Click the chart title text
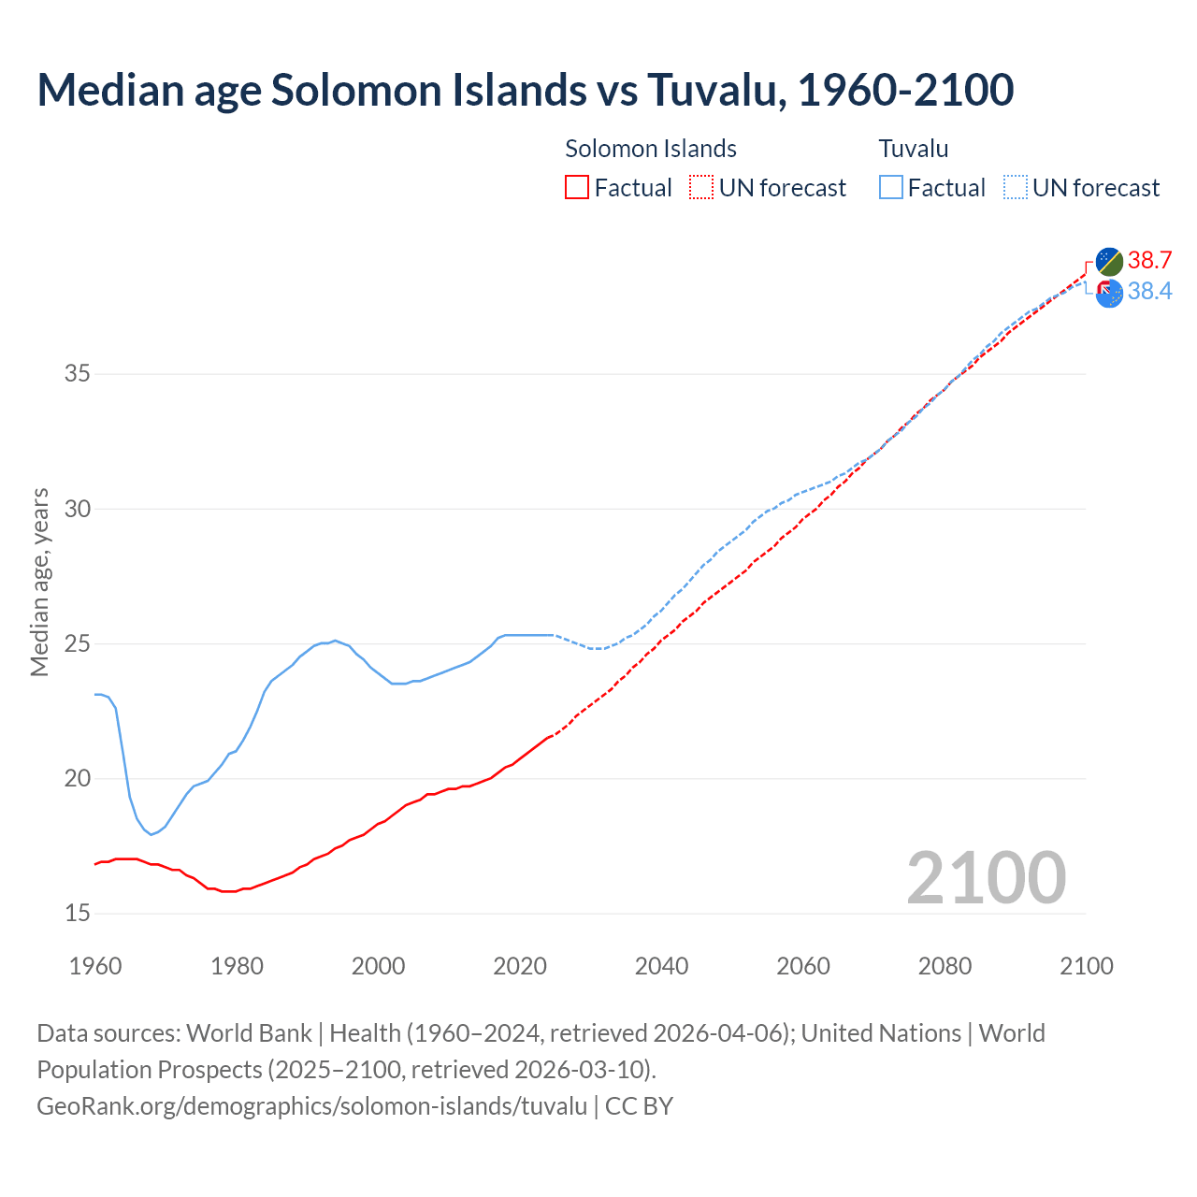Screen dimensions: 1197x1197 [x=525, y=90]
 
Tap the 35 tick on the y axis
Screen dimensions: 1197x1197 [x=78, y=374]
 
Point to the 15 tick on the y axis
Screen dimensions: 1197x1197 [x=78, y=913]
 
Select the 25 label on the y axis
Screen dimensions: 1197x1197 [x=78, y=643]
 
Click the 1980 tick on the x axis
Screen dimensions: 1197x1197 [x=237, y=966]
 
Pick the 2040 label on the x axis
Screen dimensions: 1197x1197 [x=661, y=966]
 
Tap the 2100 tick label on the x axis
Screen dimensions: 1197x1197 [x=1086, y=966]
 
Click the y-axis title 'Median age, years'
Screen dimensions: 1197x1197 [x=39, y=582]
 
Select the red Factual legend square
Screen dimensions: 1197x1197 [x=577, y=188]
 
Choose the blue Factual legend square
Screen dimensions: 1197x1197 [x=890, y=188]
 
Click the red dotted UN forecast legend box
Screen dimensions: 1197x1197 [x=701, y=188]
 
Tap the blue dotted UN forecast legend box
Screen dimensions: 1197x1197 [x=1015, y=188]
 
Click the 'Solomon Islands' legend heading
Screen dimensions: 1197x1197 [x=651, y=149]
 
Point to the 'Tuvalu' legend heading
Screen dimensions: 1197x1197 [x=914, y=149]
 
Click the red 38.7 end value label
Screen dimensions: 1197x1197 [x=1149, y=260]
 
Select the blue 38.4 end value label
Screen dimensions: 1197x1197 [x=1149, y=292]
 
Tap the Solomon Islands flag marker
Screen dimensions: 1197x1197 [x=1109, y=261]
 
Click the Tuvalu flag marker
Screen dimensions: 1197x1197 [x=1109, y=293]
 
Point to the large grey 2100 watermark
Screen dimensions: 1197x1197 [x=986, y=877]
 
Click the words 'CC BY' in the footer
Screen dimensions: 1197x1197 [x=639, y=1106]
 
